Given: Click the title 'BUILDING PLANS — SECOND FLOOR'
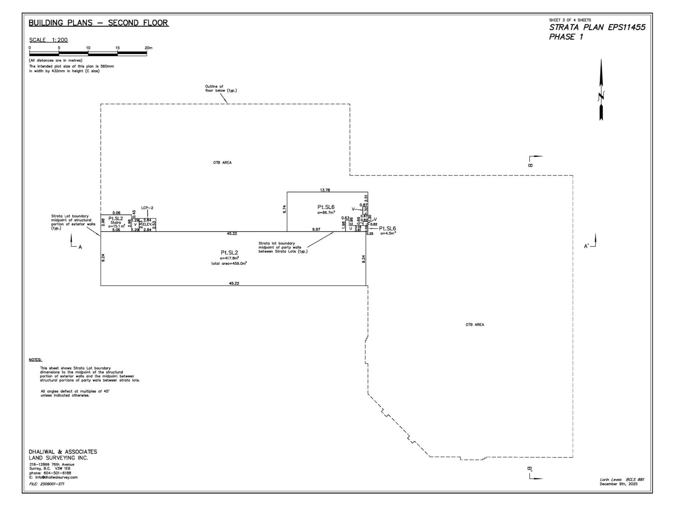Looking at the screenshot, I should click(98, 23).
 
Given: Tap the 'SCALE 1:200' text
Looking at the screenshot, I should click(49, 40).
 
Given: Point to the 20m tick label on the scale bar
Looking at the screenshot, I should click(148, 48).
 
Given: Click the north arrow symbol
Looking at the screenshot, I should click(601, 91).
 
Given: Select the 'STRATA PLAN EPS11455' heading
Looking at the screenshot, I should click(597, 27).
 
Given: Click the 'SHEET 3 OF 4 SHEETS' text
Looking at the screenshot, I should click(570, 20).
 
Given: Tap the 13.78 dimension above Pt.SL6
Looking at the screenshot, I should click(325, 190).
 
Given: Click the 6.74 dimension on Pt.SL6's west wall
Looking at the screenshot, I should click(284, 209).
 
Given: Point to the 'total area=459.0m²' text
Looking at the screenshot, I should click(229, 264).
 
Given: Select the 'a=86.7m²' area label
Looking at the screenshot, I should click(326, 213).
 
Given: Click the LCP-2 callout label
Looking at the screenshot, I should click(147, 208).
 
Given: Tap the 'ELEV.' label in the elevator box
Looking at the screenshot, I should click(147, 224).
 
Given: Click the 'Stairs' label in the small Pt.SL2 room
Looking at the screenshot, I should click(116, 223).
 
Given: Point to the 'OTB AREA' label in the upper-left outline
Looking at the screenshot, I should click(222, 163).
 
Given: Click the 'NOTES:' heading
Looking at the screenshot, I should click(35, 360).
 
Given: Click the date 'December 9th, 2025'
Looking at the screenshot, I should click(618, 484).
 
